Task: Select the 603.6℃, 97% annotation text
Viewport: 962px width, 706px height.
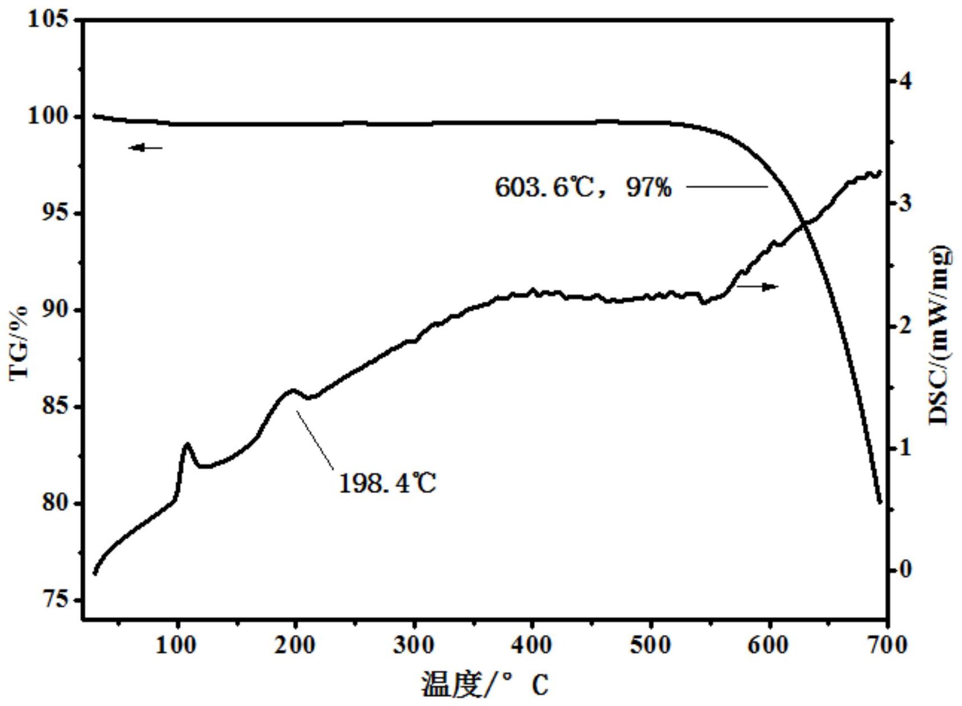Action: click(x=583, y=187)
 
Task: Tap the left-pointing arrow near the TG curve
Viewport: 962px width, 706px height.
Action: click(x=145, y=148)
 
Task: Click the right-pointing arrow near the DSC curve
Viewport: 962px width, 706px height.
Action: click(x=758, y=287)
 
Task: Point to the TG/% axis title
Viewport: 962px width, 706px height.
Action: click(x=19, y=343)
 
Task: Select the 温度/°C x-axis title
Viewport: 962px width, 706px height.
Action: click(x=485, y=684)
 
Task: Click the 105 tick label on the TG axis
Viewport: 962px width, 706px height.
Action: click(x=49, y=20)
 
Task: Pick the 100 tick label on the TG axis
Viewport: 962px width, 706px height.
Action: click(x=49, y=116)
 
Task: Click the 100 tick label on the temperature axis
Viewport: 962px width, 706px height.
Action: click(x=176, y=646)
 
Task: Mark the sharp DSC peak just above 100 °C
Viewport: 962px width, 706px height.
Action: click(x=187, y=444)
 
